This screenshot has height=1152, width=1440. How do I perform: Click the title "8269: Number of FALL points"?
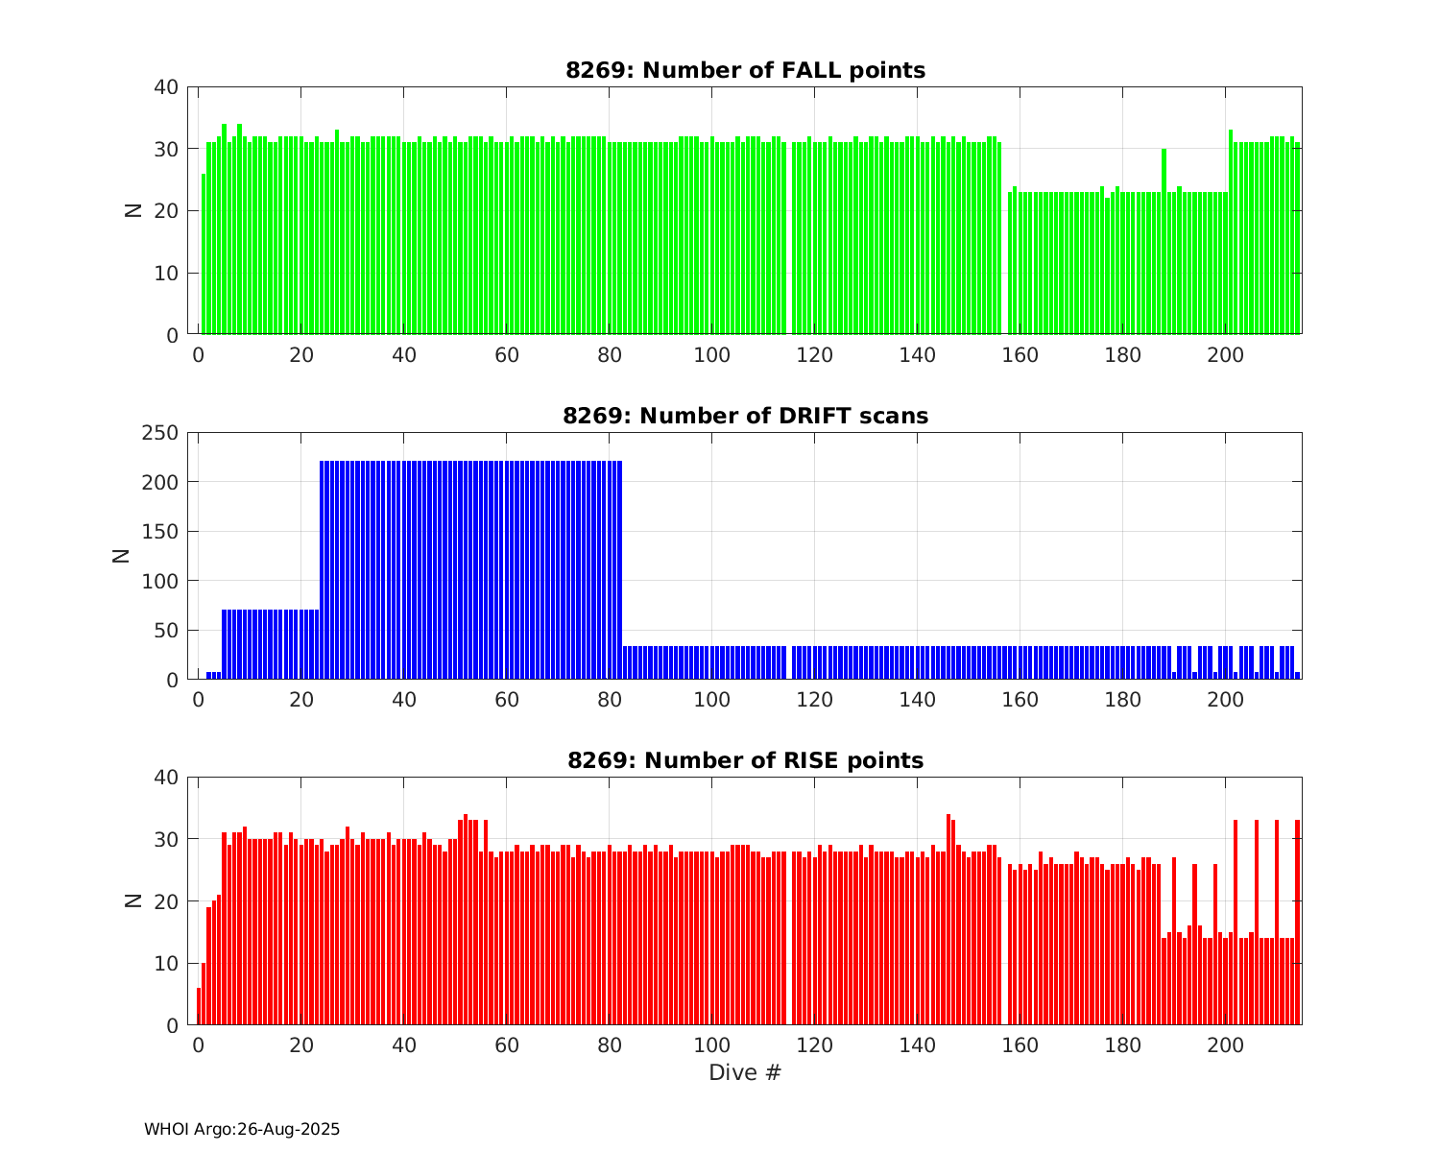click(745, 70)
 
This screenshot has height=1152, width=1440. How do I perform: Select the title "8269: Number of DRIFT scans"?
click(745, 416)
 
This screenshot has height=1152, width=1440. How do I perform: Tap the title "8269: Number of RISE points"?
click(745, 760)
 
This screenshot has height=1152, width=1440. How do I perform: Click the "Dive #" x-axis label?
click(745, 1072)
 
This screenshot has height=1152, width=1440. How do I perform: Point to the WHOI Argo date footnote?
click(242, 1129)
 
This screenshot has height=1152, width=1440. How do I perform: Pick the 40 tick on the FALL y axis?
click(167, 87)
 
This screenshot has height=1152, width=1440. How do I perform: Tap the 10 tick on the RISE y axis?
click(167, 964)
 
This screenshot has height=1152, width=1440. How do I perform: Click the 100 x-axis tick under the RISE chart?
click(711, 1045)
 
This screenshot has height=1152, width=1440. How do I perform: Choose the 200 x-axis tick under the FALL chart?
click(1225, 355)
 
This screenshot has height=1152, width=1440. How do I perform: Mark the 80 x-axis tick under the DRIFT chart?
click(609, 700)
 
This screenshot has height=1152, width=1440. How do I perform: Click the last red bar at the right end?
click(1297, 922)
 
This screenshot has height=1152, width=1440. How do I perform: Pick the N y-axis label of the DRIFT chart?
click(122, 556)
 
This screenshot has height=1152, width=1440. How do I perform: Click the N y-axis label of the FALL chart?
click(133, 210)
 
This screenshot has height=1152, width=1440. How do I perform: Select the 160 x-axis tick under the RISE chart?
click(1020, 1045)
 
